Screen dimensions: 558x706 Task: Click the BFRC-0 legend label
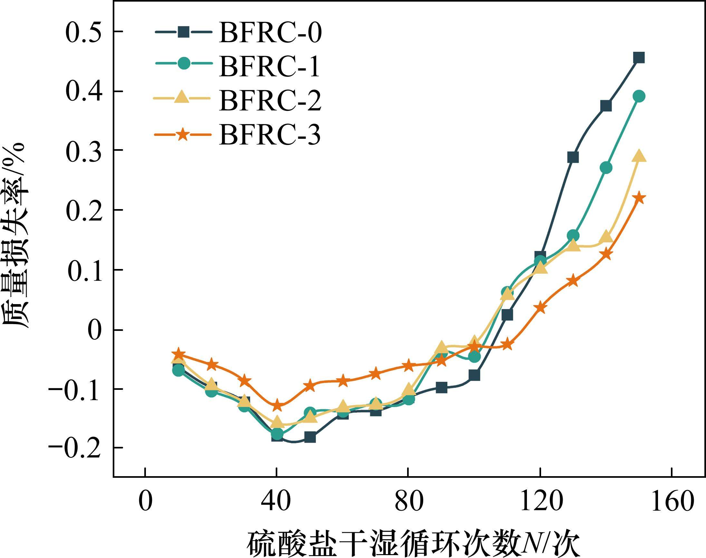coord(270,33)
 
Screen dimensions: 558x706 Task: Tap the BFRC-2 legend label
coord(270,101)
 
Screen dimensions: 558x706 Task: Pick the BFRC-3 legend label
coord(270,135)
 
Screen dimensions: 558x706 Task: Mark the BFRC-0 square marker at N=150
coord(639,58)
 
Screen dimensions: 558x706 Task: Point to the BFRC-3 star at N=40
coord(277,405)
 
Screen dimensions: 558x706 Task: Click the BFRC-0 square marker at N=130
coord(573,157)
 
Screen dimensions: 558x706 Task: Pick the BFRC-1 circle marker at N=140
coord(606,168)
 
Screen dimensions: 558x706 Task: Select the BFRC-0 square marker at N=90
coord(441,388)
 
